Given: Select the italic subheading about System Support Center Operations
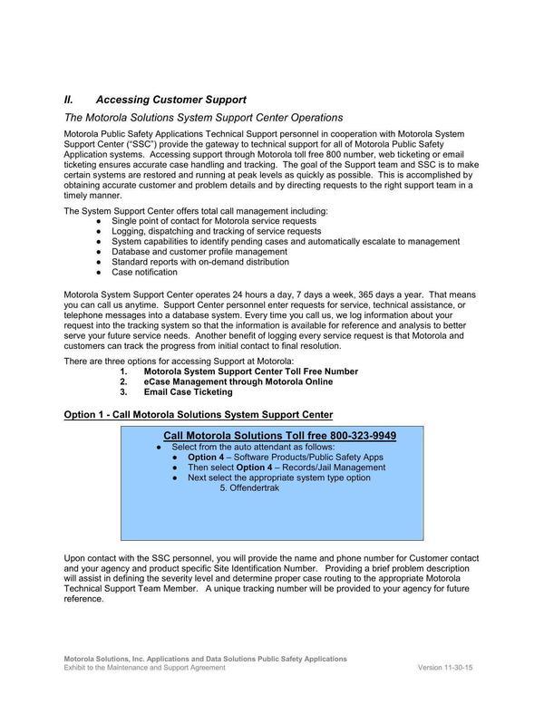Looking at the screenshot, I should [203, 118].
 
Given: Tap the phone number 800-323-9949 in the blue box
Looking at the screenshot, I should [363, 436].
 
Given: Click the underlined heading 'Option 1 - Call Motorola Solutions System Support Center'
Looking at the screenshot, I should [199, 414].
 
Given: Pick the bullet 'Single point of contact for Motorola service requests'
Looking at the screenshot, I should [214, 221].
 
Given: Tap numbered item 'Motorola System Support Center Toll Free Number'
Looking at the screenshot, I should [250, 371].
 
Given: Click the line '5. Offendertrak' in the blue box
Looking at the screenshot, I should [249, 487].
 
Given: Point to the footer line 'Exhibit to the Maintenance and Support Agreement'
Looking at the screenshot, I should [144, 667].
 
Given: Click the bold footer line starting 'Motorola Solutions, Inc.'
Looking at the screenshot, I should [204, 658].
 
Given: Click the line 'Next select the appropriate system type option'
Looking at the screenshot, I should [279, 477].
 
